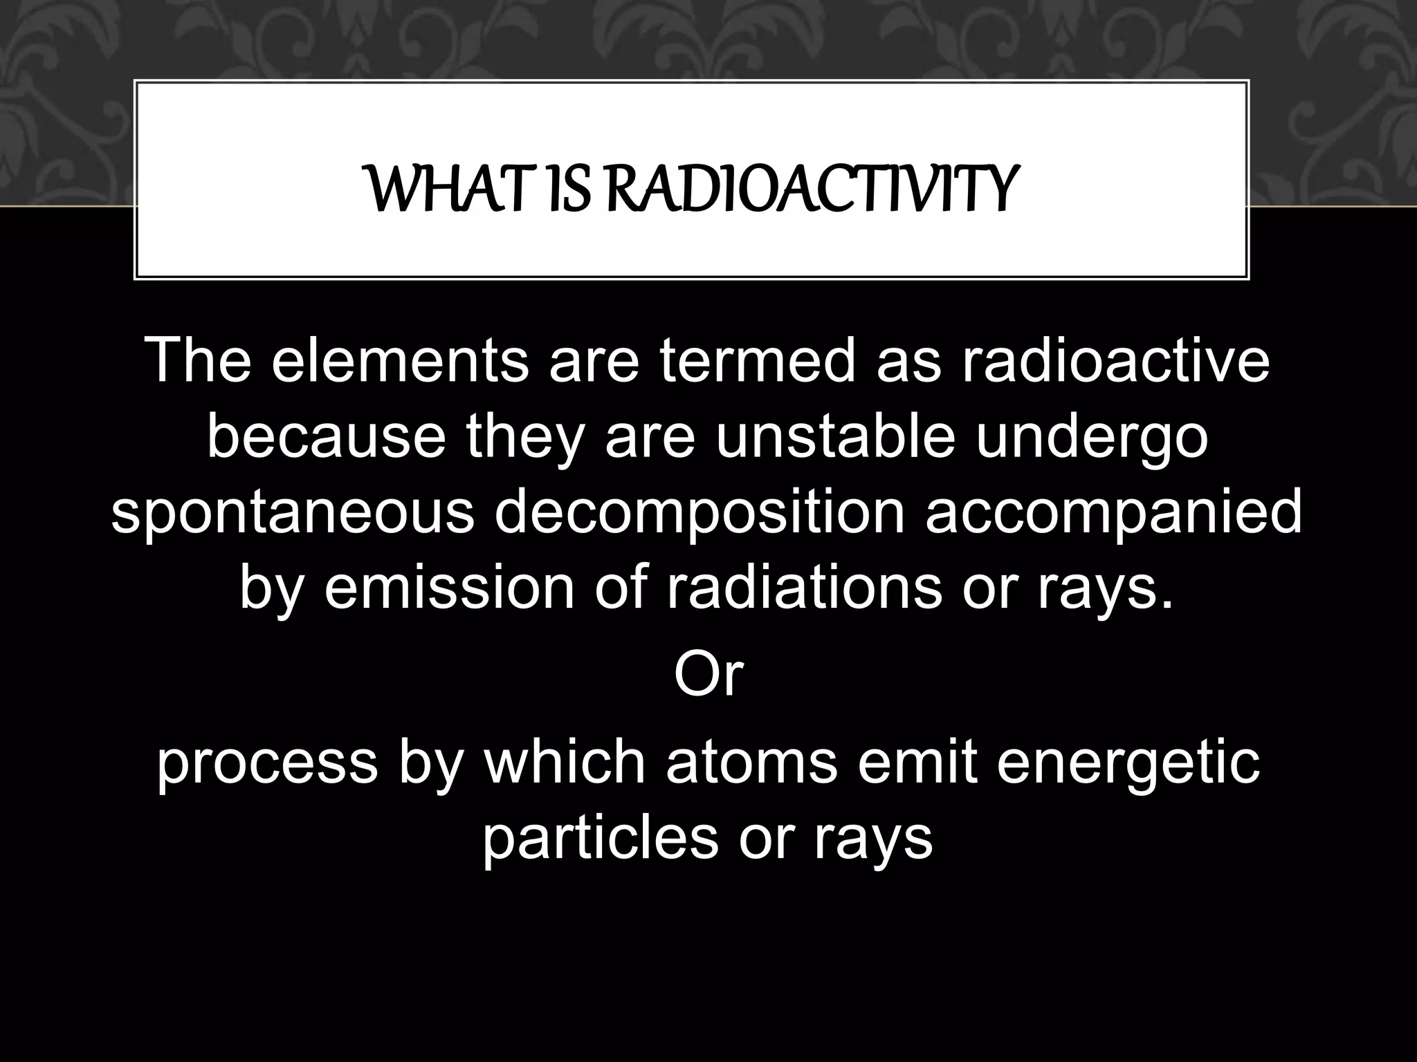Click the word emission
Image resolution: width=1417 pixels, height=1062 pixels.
tap(450, 589)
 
